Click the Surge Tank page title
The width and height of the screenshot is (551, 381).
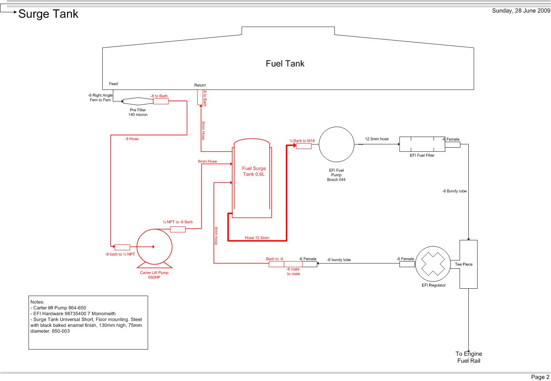pyautogui.click(x=48, y=14)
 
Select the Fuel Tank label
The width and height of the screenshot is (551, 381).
pyautogui.click(x=285, y=64)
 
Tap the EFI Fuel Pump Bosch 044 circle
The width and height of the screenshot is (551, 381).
pyautogui.click(x=336, y=144)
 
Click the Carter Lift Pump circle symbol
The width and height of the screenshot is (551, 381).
pyautogui.click(x=154, y=246)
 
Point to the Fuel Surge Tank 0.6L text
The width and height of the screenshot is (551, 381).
pyautogui.click(x=254, y=171)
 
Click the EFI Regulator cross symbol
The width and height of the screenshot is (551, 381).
pyautogui.click(x=433, y=264)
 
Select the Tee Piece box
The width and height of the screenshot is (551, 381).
pyautogui.click(x=468, y=264)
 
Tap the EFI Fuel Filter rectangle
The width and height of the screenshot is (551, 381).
pyautogui.click(x=422, y=144)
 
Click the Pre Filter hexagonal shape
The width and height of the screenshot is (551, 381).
pyautogui.click(x=138, y=101)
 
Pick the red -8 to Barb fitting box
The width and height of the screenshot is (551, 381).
pyautogui.click(x=160, y=101)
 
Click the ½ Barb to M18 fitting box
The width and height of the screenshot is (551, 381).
pyautogui.click(x=304, y=146)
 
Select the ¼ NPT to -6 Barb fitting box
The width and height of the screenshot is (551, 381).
pyautogui.click(x=178, y=229)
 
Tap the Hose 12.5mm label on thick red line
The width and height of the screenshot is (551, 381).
pyautogui.click(x=257, y=238)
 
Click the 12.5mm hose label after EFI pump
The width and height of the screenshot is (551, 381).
pyautogui.click(x=377, y=139)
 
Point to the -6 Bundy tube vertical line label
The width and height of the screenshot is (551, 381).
pyautogui.click(x=454, y=191)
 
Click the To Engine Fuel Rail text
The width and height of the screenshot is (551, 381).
pyautogui.click(x=468, y=357)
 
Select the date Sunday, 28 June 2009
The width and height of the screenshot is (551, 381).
pyautogui.click(x=521, y=11)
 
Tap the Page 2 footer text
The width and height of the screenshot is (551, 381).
pyautogui.click(x=540, y=377)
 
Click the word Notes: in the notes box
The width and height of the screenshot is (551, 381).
pyautogui.click(x=37, y=302)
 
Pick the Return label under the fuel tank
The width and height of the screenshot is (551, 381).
pyautogui.click(x=200, y=85)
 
